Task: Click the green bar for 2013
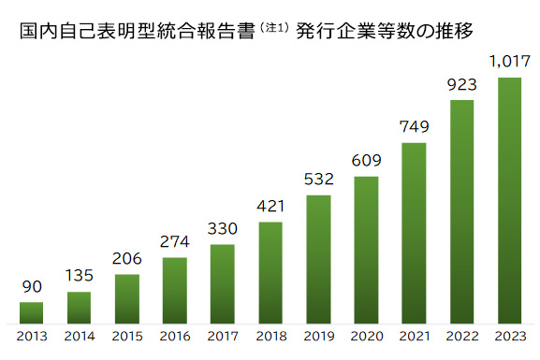point(31,311)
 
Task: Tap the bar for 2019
point(318,258)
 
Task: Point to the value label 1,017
point(509,63)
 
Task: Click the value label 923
point(461,84)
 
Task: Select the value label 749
point(414,127)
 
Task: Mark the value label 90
point(31,286)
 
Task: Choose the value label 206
point(126,259)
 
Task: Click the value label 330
point(223,229)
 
